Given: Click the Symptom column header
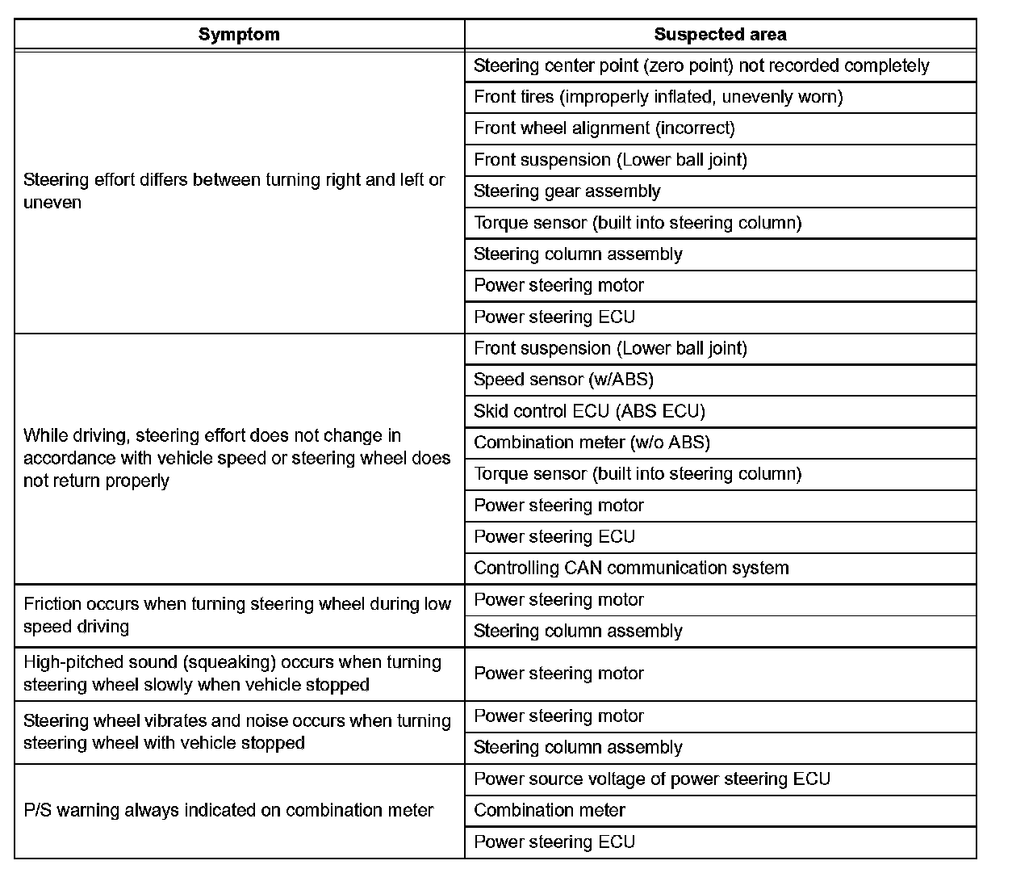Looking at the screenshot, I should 239,35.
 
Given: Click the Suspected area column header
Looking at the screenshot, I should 720,35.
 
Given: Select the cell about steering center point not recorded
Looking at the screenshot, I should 701,66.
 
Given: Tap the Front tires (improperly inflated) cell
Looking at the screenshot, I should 658,98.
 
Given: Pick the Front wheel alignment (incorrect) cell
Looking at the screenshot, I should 604,128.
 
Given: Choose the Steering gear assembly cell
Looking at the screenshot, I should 567,191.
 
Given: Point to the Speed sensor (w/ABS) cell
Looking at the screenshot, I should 563,380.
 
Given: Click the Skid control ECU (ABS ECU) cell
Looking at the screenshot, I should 589,411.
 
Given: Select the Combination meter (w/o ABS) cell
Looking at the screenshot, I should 592,443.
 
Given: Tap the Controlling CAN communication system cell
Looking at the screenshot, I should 631,569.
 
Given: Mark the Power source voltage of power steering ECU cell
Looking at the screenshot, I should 651,779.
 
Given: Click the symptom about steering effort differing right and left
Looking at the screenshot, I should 234,191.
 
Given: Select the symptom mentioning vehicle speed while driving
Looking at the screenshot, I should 236,458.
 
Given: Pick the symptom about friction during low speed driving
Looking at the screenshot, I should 237,615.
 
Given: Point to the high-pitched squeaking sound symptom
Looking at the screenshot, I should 232,674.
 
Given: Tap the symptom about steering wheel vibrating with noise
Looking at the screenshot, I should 237,732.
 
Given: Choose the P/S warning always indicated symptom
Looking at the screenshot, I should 228,811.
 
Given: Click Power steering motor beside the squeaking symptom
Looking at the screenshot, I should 558,674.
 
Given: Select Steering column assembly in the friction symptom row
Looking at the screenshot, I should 578,632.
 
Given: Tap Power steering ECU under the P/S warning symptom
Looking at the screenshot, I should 554,842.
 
